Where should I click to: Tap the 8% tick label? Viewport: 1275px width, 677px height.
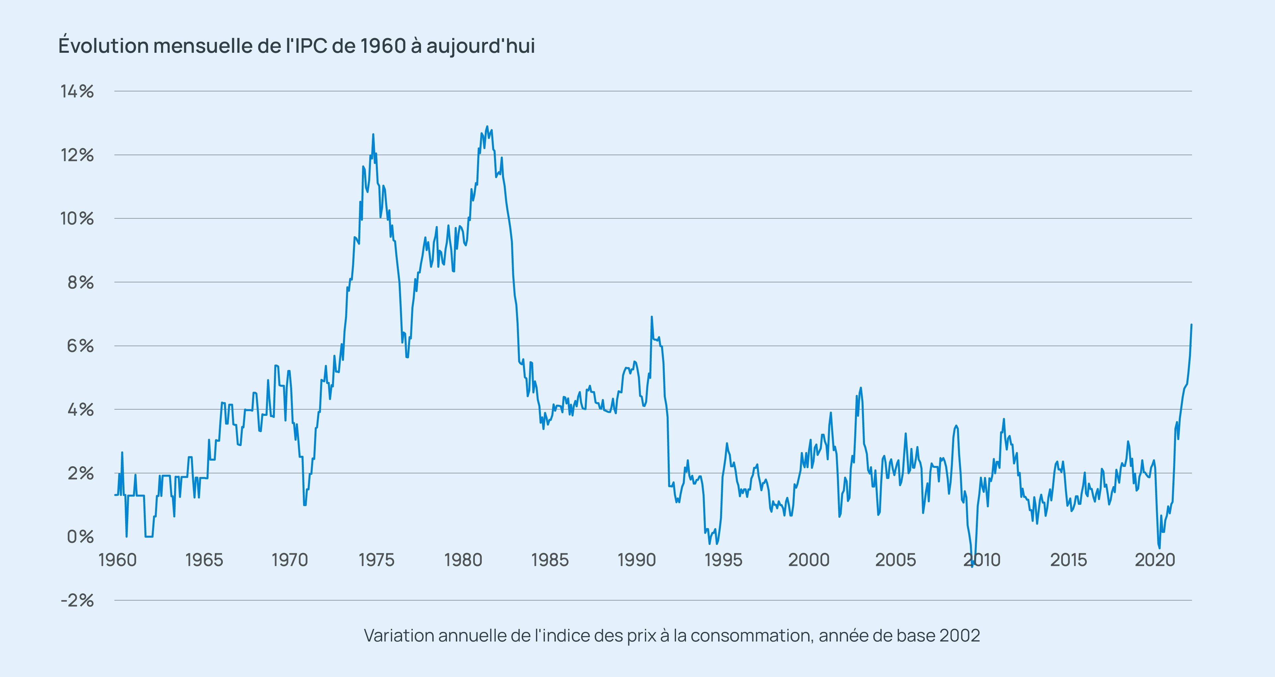[80, 282]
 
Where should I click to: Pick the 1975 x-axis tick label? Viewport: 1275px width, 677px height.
[377, 560]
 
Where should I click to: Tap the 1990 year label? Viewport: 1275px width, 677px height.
[637, 560]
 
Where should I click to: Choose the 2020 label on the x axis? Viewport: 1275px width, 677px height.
[1155, 560]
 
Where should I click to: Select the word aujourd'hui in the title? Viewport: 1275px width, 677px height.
[480, 45]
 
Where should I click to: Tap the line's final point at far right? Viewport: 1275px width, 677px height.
[1191, 325]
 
